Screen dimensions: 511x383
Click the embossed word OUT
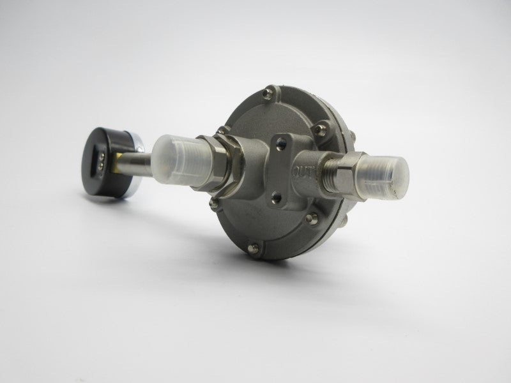point(302,171)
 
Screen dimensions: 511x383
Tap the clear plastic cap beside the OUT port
point(383,177)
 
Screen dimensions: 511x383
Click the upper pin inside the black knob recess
point(102,158)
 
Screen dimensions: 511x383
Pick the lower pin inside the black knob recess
point(100,166)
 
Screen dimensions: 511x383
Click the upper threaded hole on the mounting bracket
point(281,143)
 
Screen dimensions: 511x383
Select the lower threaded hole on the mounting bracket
point(277,196)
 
